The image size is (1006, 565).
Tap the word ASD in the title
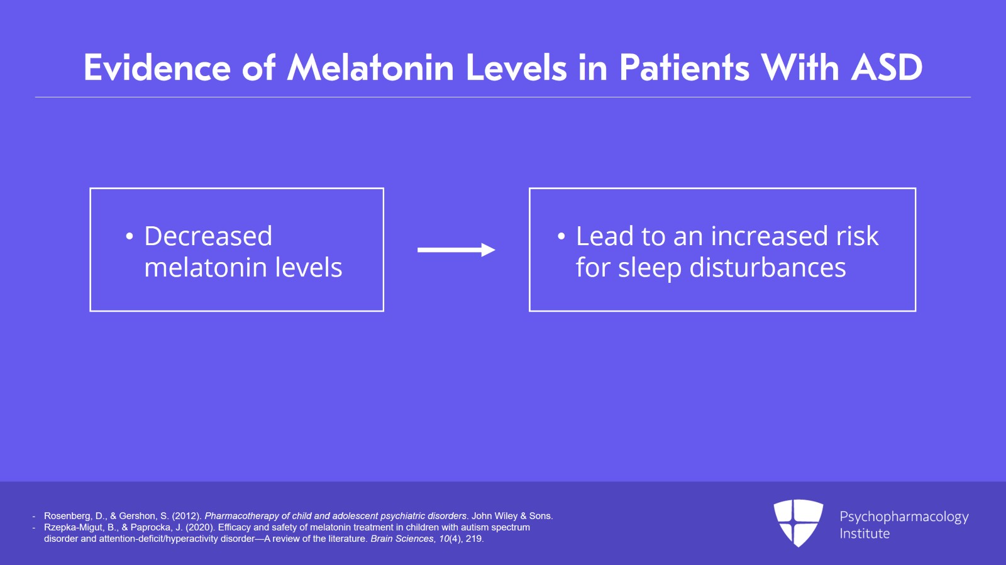(x=887, y=68)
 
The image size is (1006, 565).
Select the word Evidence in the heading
(x=157, y=68)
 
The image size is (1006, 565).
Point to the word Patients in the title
(x=685, y=68)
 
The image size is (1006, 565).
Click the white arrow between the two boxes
(x=456, y=250)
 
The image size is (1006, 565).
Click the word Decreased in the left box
(x=208, y=236)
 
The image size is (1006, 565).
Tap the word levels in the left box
(x=309, y=268)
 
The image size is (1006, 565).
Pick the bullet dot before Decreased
(x=130, y=236)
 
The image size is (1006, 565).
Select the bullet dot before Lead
(x=561, y=236)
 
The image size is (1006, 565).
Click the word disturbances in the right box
(x=768, y=268)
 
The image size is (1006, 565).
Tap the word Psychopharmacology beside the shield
(x=904, y=517)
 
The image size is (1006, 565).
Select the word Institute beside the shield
(x=865, y=534)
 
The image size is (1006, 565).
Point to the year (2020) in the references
(x=201, y=527)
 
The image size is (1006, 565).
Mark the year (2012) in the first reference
(x=186, y=516)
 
